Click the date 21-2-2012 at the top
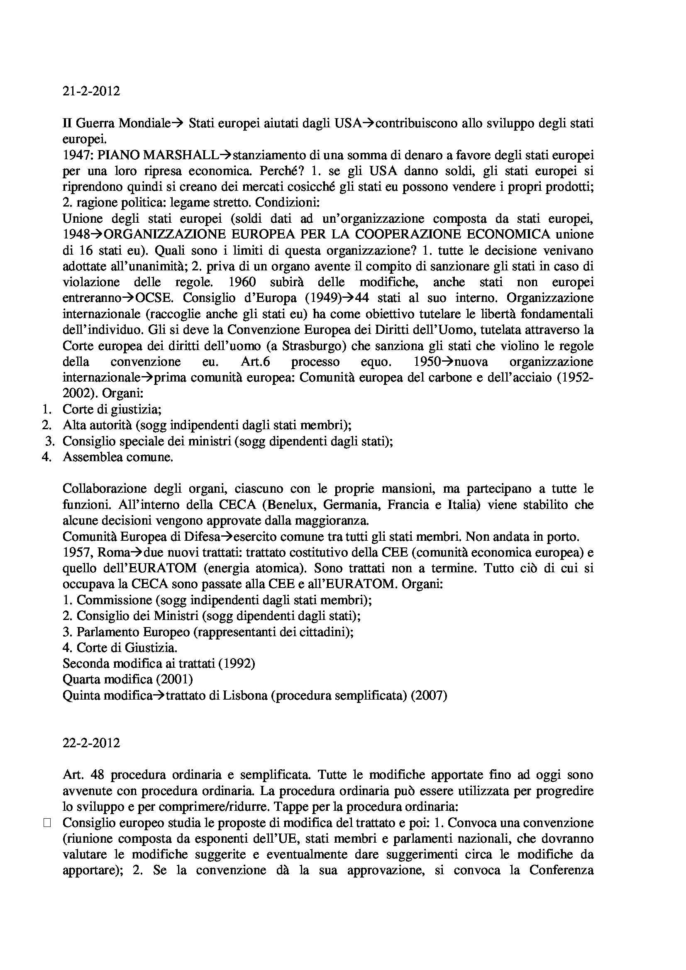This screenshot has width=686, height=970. (x=91, y=91)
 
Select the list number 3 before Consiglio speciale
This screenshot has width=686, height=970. (x=50, y=441)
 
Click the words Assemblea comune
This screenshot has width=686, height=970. (x=117, y=457)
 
